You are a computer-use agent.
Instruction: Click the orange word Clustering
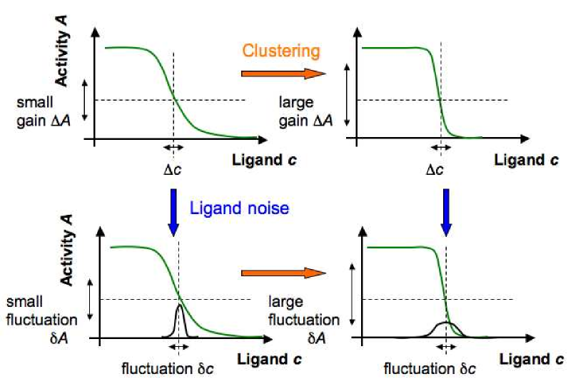280,51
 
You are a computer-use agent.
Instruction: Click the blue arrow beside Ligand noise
173,210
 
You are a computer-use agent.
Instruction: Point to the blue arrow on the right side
446,210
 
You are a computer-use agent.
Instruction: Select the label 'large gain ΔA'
305,111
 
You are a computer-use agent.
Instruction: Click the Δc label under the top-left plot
173,170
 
